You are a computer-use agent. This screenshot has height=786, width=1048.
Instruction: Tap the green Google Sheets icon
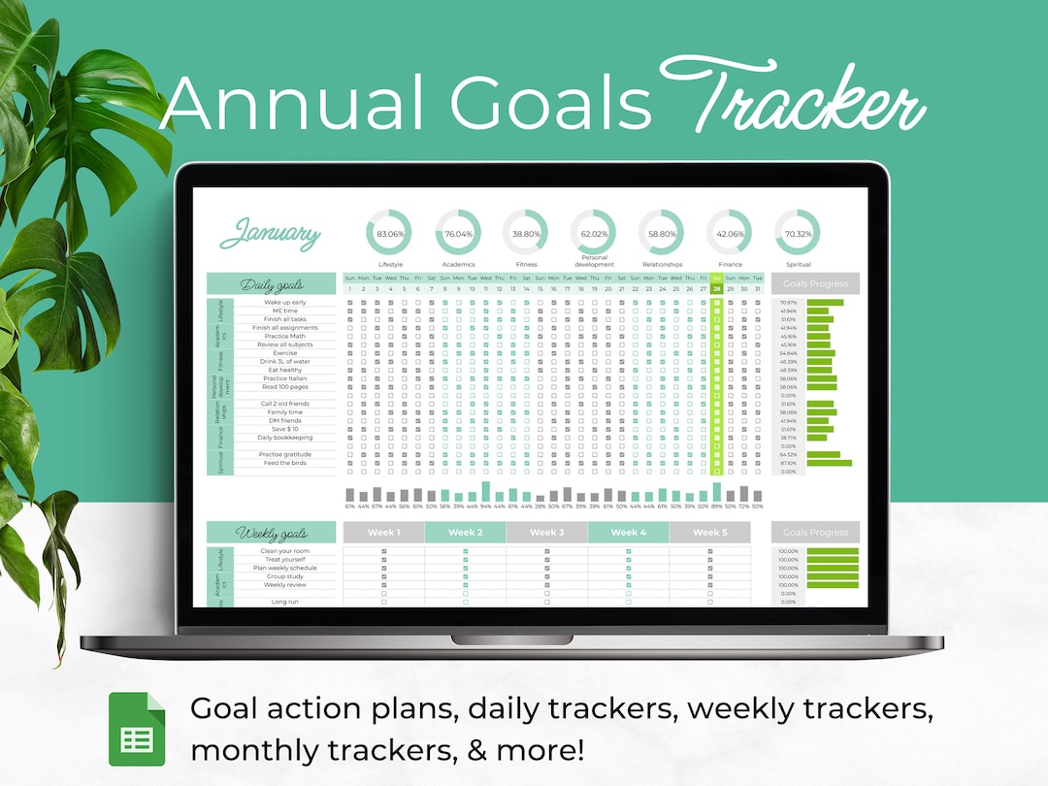tap(136, 723)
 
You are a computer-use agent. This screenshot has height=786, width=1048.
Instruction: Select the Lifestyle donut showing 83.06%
tap(389, 234)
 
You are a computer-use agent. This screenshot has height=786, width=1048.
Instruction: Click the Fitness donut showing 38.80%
tap(525, 234)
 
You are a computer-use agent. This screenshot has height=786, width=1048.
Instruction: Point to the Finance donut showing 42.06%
tap(730, 234)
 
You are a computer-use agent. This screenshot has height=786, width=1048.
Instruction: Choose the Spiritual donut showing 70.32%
tap(798, 234)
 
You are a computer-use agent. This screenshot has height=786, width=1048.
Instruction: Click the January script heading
tap(270, 234)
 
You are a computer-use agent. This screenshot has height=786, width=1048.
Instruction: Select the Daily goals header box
tap(272, 284)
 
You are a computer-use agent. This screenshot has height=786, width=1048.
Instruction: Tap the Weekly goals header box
tap(272, 533)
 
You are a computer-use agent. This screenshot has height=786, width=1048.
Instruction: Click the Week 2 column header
tap(466, 533)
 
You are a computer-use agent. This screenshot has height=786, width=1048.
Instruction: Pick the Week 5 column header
tap(709, 533)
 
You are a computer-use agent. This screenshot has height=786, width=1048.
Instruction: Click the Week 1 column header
tap(384, 533)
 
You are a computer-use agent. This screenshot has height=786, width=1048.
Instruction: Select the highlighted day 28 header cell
tap(716, 288)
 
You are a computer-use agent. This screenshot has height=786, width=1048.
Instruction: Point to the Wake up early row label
tap(284, 303)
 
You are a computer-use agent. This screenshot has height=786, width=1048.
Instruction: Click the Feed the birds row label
tap(284, 463)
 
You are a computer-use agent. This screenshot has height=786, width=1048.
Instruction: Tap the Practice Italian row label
tap(284, 378)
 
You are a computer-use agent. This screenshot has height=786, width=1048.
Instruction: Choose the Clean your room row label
tap(284, 551)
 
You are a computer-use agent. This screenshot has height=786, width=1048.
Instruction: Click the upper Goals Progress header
tap(815, 284)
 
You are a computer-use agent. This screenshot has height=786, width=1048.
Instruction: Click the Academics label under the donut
tap(458, 264)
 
